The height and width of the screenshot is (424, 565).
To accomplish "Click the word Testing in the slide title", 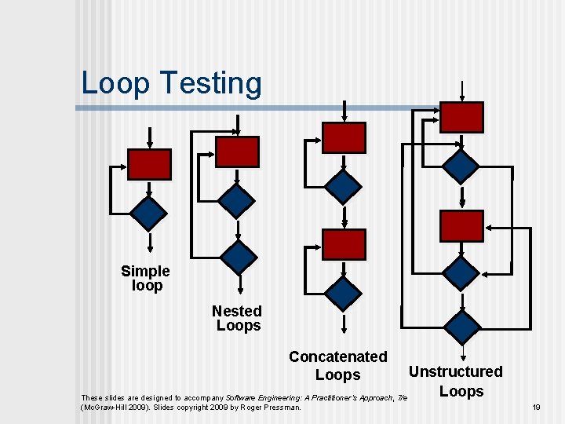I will [x=210, y=83].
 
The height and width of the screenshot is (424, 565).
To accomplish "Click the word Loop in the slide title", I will [x=115, y=83].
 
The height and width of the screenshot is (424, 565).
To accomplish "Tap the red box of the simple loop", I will [x=149, y=164].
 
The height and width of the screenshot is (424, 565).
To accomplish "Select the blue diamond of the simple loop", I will [x=148, y=213].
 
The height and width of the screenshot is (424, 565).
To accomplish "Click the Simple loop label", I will [x=145, y=279].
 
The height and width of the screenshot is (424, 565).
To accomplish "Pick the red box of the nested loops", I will [x=237, y=152].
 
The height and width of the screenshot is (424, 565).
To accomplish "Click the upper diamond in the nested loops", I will [x=237, y=200].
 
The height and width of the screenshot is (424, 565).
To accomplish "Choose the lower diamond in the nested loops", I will [x=238, y=256].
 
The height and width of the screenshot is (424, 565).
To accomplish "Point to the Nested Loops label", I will [x=237, y=318].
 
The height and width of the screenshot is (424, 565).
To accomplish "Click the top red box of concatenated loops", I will [x=344, y=137].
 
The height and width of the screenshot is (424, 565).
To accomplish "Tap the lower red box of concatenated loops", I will [x=344, y=244].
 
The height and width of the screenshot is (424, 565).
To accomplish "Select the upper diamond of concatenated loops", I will [x=344, y=186].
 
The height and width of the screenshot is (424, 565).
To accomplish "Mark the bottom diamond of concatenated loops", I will [x=344, y=292].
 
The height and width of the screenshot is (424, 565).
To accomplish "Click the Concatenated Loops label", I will [x=337, y=366].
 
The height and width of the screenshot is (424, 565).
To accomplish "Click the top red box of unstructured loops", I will [x=461, y=117].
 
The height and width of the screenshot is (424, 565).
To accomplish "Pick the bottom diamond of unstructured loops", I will [x=461, y=325].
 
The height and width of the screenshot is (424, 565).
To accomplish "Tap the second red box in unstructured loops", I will [x=461, y=225].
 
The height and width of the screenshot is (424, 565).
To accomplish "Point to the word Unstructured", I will [x=456, y=371].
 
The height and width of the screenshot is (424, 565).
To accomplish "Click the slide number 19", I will [x=537, y=407].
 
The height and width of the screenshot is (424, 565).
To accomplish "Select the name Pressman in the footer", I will [x=280, y=407].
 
